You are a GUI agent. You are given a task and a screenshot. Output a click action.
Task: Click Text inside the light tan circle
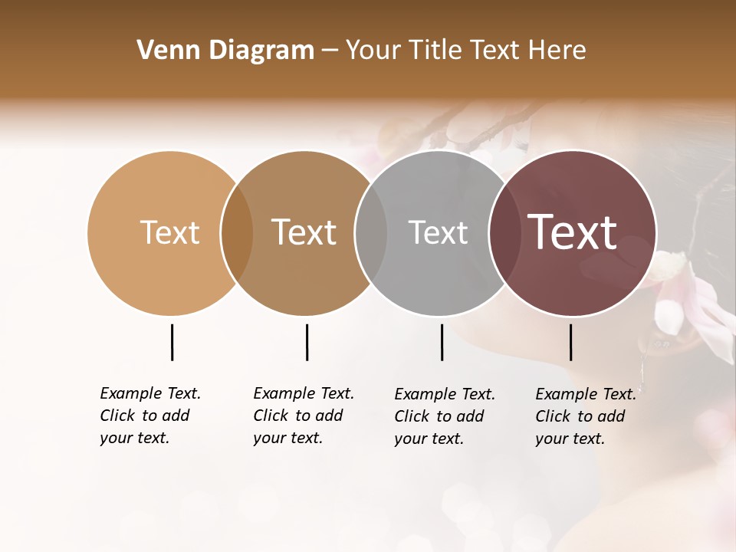pyautogui.click(x=169, y=232)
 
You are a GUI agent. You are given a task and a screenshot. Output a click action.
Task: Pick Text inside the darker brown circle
pyautogui.click(x=304, y=232)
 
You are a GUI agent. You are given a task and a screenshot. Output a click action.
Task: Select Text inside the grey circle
pyautogui.click(x=438, y=232)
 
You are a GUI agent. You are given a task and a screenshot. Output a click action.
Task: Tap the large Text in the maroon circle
pyautogui.click(x=573, y=232)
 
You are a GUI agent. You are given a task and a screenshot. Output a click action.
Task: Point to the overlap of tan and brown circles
pyautogui.click(x=237, y=233)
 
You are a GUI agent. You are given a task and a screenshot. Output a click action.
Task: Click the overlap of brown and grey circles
pyautogui.click(x=371, y=233)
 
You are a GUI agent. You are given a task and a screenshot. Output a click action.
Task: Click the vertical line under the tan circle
pyautogui.click(x=172, y=342)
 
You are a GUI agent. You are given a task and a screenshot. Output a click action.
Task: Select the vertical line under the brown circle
pyautogui.click(x=307, y=342)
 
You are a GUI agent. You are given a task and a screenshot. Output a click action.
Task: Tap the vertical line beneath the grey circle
pyautogui.click(x=442, y=342)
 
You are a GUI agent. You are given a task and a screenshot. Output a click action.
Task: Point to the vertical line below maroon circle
pyautogui.click(x=570, y=342)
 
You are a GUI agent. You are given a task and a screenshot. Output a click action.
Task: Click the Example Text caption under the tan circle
pyautogui.click(x=150, y=416)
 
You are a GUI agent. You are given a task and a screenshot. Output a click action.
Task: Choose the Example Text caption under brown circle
pyautogui.click(x=304, y=416)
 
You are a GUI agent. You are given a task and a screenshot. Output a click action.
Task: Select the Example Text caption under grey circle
pyautogui.click(x=445, y=416)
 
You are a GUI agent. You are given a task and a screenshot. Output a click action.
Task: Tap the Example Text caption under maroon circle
pyautogui.click(x=586, y=416)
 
